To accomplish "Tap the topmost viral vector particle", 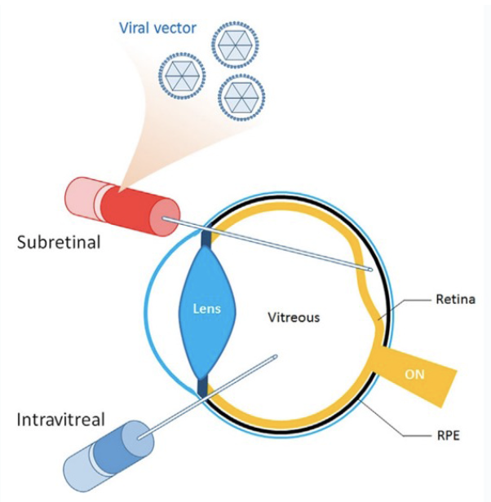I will (x=235, y=44).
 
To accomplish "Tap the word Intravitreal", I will (x=60, y=421).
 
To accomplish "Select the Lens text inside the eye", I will (x=206, y=310).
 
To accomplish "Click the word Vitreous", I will (x=294, y=317).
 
